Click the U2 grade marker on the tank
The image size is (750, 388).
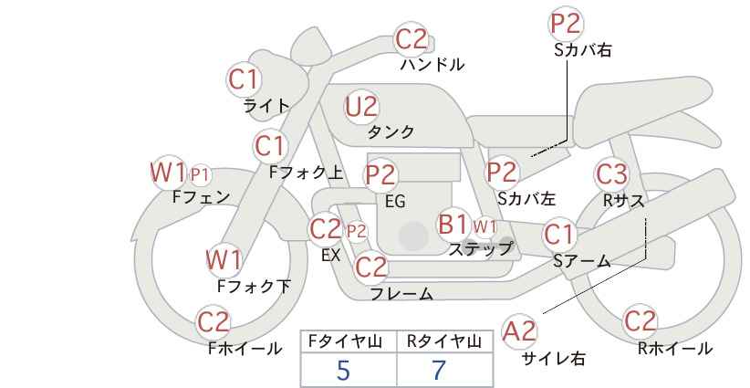[x=361, y=107]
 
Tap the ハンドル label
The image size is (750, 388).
[x=432, y=65]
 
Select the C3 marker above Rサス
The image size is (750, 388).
[x=611, y=174]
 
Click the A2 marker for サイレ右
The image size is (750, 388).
[x=519, y=331]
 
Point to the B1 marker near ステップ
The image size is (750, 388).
[x=453, y=224]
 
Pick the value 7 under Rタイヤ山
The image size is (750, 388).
[x=439, y=370]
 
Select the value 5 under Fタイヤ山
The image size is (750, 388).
[x=343, y=370]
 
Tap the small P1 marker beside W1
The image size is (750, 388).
[x=200, y=175]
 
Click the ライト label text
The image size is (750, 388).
[x=266, y=106]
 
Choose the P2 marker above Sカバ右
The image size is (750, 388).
[x=566, y=24]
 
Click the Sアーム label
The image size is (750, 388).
[x=582, y=261]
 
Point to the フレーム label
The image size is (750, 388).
[x=401, y=294]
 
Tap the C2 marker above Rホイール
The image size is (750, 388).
[x=640, y=321]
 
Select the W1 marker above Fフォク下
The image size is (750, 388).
[x=224, y=260]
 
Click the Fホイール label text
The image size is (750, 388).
[x=245, y=349]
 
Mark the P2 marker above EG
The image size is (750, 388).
[x=381, y=175]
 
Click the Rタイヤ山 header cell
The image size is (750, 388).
[x=444, y=341]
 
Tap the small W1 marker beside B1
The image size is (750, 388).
[x=485, y=226]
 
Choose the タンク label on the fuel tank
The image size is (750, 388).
[x=391, y=132]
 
